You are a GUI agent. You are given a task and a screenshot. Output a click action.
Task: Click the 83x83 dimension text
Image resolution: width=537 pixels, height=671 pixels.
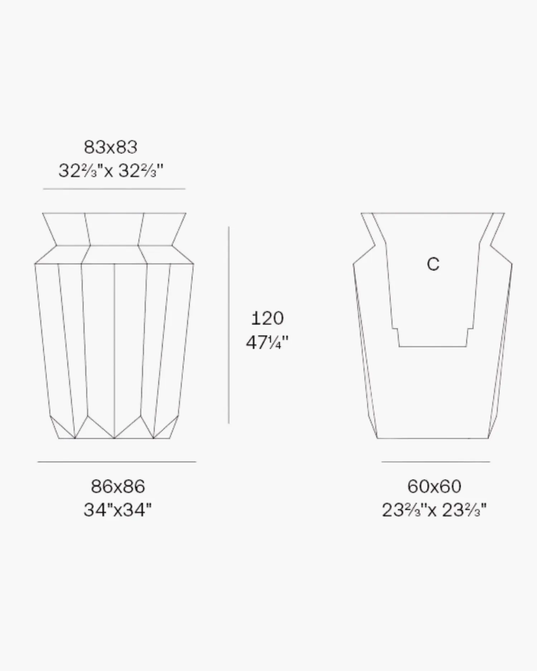click(111, 147)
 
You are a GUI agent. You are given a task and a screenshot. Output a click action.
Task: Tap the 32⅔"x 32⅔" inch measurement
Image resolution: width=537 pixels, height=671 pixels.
click(111, 171)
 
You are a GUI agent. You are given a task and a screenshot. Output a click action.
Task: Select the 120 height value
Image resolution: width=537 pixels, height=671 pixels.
click(267, 318)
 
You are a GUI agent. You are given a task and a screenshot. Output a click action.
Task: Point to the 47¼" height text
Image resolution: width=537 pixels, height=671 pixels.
click(267, 342)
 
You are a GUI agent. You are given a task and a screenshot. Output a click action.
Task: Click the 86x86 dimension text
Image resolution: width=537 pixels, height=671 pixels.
click(118, 486)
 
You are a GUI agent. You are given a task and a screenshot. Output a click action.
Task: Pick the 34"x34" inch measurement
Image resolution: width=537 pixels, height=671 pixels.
click(118, 510)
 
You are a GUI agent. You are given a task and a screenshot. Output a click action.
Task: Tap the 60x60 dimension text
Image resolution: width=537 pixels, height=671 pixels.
click(434, 486)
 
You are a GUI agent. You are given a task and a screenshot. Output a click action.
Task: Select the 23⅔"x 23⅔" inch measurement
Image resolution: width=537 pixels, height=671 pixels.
click(434, 510)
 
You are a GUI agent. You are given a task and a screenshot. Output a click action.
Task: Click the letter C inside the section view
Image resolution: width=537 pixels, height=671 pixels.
click(433, 264)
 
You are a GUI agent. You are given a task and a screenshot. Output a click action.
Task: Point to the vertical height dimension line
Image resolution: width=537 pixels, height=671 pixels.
click(229, 325)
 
